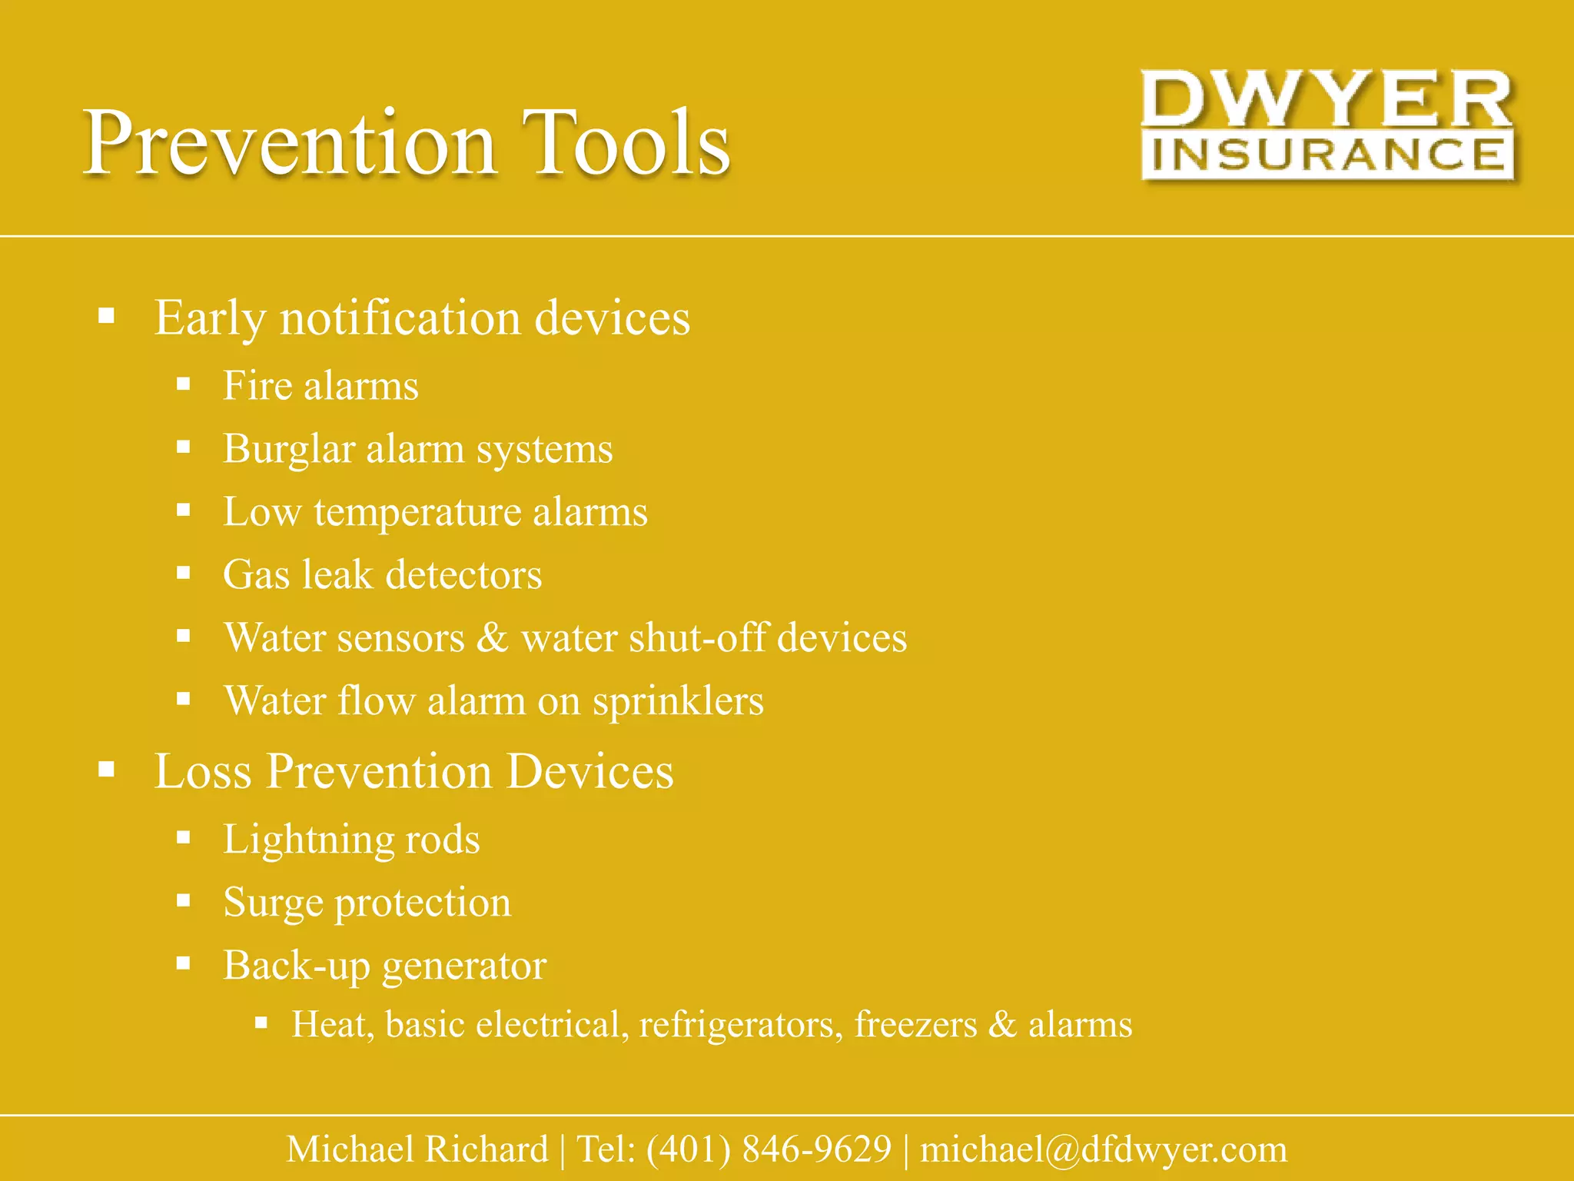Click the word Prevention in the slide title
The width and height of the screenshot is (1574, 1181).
(290, 143)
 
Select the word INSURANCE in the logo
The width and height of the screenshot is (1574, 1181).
(1327, 155)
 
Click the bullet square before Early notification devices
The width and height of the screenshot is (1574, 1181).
(107, 316)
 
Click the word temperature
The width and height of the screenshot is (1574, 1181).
(417, 513)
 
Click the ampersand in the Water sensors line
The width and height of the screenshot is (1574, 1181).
(493, 638)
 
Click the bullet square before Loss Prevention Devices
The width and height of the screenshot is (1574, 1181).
(107, 770)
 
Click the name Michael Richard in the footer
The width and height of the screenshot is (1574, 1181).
(417, 1149)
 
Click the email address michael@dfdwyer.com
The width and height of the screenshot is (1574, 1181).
(1104, 1149)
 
